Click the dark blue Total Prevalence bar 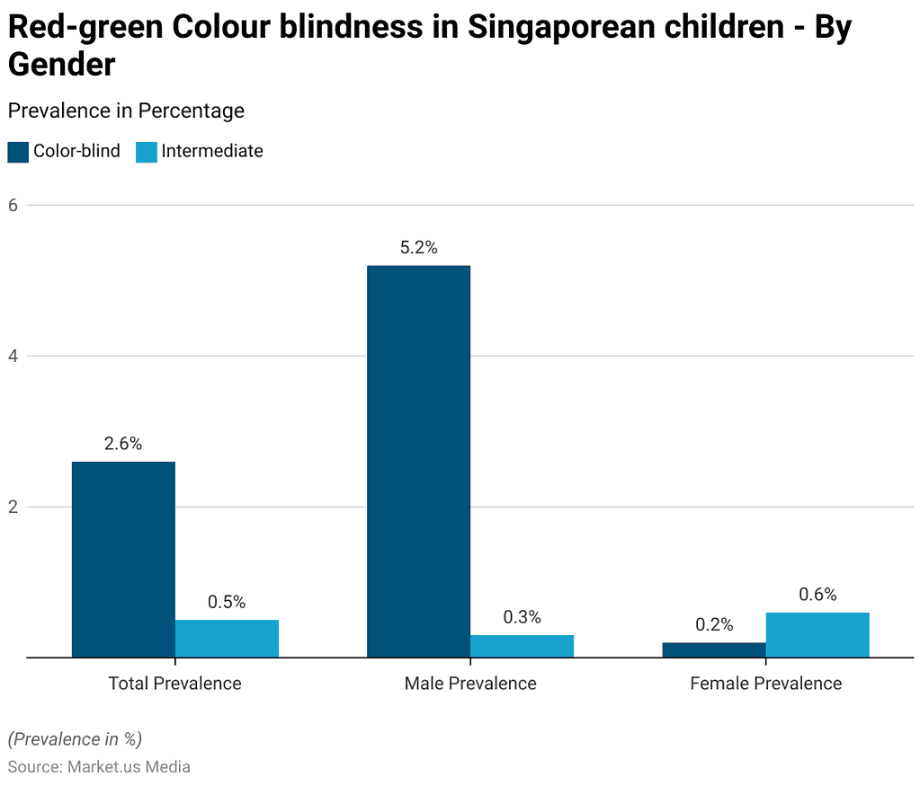[x=123, y=559]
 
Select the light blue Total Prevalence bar [x=227, y=639]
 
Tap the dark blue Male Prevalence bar [x=418, y=461]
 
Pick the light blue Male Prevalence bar [x=522, y=646]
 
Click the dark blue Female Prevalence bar [x=714, y=649]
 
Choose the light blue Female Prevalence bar [x=817, y=635]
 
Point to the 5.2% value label [x=418, y=248]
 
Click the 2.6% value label [x=123, y=444]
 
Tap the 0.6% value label [x=817, y=595]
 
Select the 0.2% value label [x=714, y=625]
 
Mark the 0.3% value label [x=522, y=617]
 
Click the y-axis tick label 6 [x=13, y=205]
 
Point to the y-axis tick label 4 [x=13, y=356]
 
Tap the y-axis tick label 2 [x=13, y=507]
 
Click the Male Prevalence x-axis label [x=470, y=684]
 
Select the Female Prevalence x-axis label [x=765, y=684]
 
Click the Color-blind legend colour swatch [x=18, y=152]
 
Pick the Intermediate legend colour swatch [x=147, y=152]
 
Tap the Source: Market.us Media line [x=99, y=767]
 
